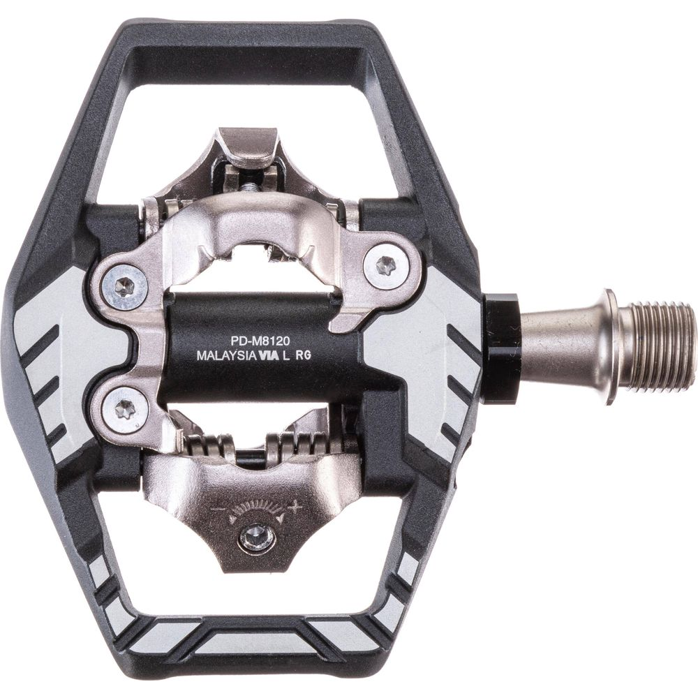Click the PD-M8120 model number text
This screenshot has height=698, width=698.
261,342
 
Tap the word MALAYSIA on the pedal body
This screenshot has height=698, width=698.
225,356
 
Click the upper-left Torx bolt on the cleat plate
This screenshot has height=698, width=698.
125,286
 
